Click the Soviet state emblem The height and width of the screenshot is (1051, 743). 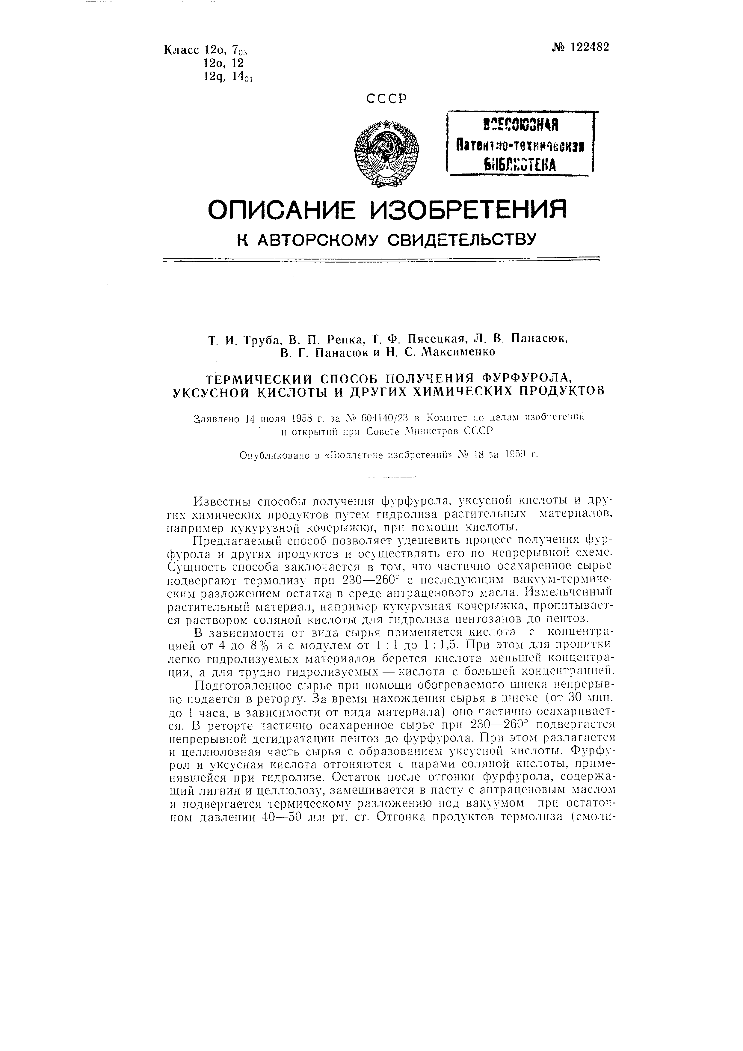[x=386, y=153]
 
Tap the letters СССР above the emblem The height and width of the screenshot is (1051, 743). [x=386, y=99]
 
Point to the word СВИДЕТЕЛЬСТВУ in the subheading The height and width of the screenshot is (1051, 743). [x=462, y=239]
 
